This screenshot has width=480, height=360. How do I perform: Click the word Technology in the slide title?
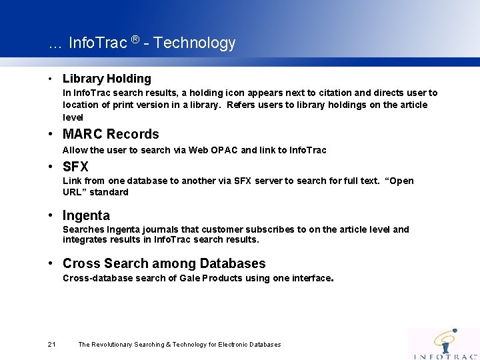coord(194,43)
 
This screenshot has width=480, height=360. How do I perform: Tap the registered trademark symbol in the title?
coord(135,39)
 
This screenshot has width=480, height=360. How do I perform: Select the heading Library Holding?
coord(107,79)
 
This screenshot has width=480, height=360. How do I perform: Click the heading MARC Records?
coord(111,134)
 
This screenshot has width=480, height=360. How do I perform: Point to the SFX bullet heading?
coord(75,167)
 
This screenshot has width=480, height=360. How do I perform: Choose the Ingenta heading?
coord(86,215)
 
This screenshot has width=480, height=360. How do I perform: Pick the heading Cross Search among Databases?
coord(164,263)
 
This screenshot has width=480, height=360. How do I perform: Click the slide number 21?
coord(52,344)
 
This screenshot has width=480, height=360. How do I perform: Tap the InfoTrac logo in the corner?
coord(445,344)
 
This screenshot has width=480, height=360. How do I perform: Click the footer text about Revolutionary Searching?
coord(179,345)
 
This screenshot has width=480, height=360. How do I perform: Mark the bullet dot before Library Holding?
coord(52,79)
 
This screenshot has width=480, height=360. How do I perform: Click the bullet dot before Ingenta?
coord(52,216)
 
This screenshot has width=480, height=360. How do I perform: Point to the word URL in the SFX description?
coord(73,192)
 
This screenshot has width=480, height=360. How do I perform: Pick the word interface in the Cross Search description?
coord(311,278)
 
